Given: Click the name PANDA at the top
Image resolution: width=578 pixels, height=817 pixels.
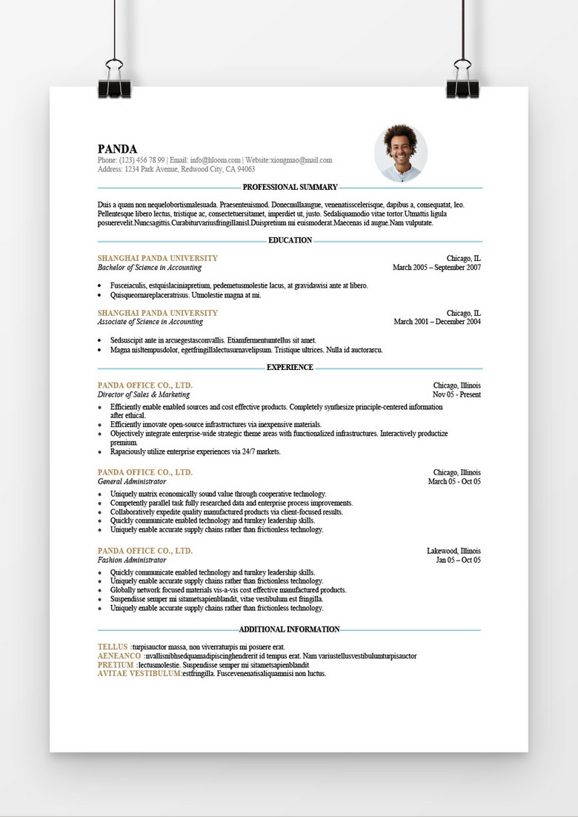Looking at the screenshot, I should coord(117,149).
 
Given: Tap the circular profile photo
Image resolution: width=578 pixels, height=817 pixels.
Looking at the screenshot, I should coord(401,153).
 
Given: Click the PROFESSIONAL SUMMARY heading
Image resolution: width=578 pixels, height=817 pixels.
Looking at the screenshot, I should coord(290,188).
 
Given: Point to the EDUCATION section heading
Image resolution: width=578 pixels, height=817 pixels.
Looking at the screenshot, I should coord(290,240).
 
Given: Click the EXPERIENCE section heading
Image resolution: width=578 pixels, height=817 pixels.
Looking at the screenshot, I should coord(290,367).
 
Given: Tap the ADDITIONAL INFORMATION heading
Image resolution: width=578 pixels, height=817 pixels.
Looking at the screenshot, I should coord(289,629).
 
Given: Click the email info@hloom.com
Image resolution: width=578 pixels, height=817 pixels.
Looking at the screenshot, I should coord(216,160).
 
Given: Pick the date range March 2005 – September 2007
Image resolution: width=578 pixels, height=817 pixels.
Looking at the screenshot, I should coord(436,268).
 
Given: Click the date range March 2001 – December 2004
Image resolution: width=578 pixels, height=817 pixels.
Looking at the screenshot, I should coord(437,322).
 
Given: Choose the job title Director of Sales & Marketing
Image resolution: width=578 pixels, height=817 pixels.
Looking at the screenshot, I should coord(144,395).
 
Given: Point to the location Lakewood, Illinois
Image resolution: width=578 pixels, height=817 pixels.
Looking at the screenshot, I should coord(454,551).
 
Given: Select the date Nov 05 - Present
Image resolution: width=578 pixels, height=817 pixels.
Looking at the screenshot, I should coord(456,395).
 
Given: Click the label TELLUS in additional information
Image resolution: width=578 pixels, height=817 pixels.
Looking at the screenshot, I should coord(113,647).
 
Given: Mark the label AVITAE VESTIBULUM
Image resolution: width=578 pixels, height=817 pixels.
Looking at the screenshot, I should coord(139,674).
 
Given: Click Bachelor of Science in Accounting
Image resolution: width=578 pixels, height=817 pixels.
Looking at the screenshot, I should coord(150,268).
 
